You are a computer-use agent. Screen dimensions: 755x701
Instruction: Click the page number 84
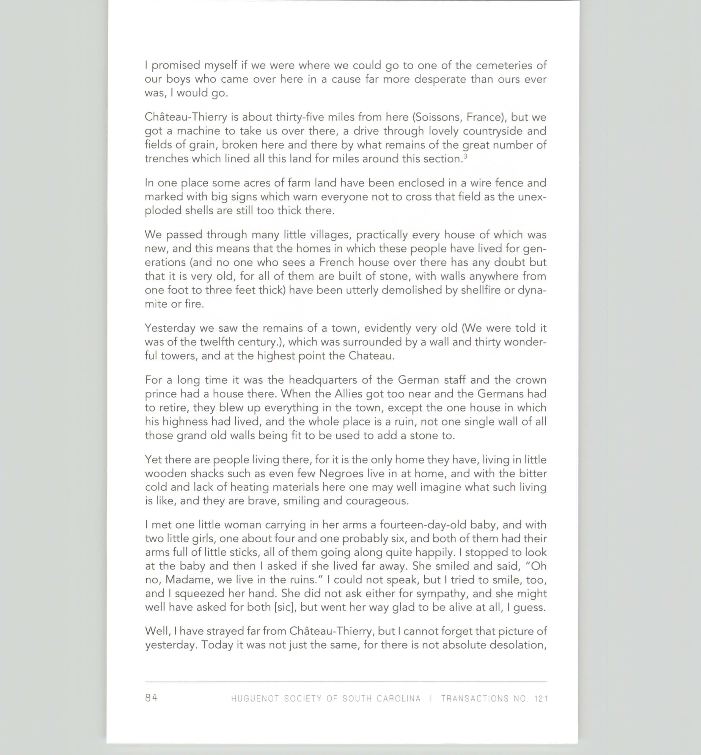tap(151, 698)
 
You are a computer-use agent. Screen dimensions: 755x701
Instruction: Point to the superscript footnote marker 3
tap(465, 156)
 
